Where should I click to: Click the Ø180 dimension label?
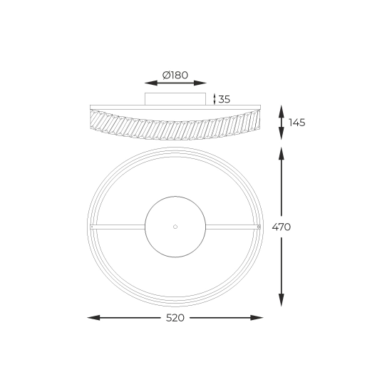[x=175, y=75]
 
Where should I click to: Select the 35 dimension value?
[x=224, y=99]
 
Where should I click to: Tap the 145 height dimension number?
[x=297, y=123]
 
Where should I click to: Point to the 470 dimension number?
[x=282, y=227]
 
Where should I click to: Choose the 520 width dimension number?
[x=175, y=318]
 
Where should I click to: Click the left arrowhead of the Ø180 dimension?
[x=151, y=83]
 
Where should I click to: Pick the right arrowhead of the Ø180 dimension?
[x=200, y=83]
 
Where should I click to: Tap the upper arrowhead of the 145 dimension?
[x=282, y=111]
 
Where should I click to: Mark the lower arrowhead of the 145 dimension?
[x=282, y=133]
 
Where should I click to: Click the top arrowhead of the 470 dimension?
[x=282, y=153]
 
